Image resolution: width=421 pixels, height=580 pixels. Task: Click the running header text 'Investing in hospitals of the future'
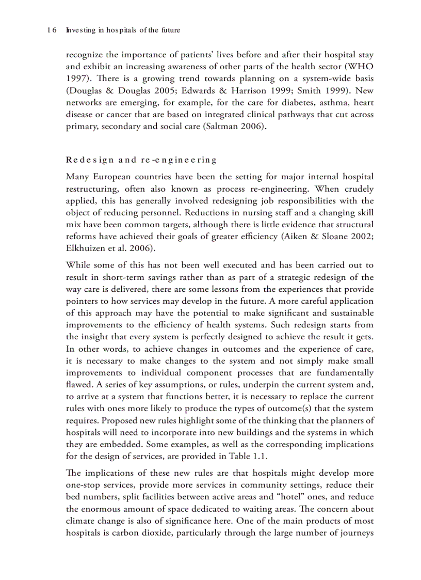(123, 30)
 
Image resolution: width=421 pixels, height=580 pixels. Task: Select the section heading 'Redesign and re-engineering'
(141, 160)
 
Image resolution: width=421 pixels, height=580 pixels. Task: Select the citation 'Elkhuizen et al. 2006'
(109, 248)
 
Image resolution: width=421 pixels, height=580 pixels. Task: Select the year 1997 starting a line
(76, 79)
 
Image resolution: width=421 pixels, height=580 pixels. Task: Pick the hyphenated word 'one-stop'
(84, 485)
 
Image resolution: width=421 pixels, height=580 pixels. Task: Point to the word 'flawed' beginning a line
(77, 385)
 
